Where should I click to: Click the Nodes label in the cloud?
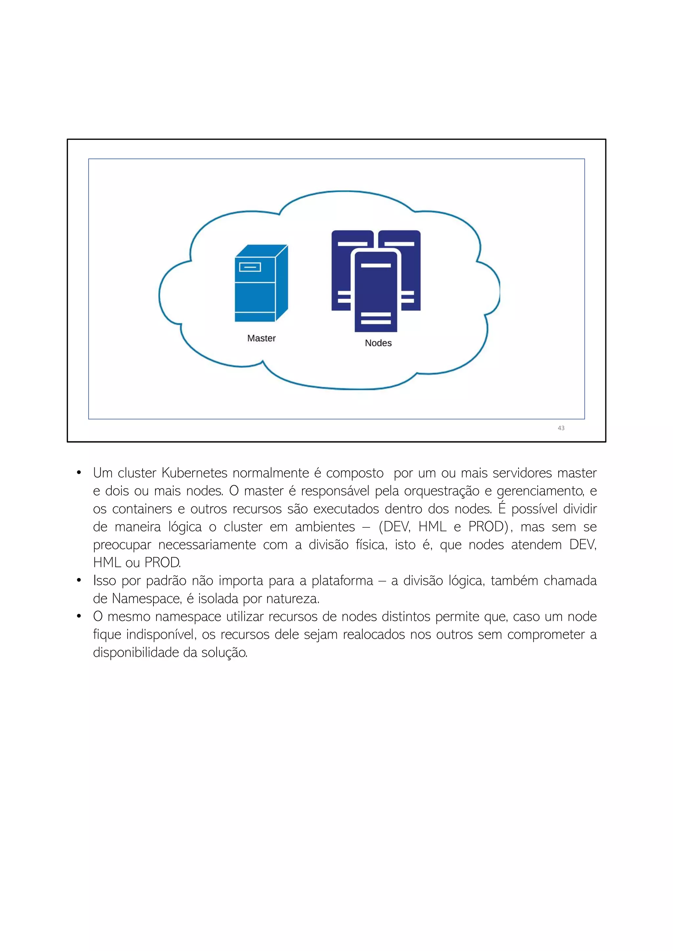point(378,343)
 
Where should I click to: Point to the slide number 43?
point(561,428)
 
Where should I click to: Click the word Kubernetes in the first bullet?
point(194,473)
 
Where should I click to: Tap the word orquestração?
point(441,491)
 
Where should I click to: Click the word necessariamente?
point(207,545)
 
